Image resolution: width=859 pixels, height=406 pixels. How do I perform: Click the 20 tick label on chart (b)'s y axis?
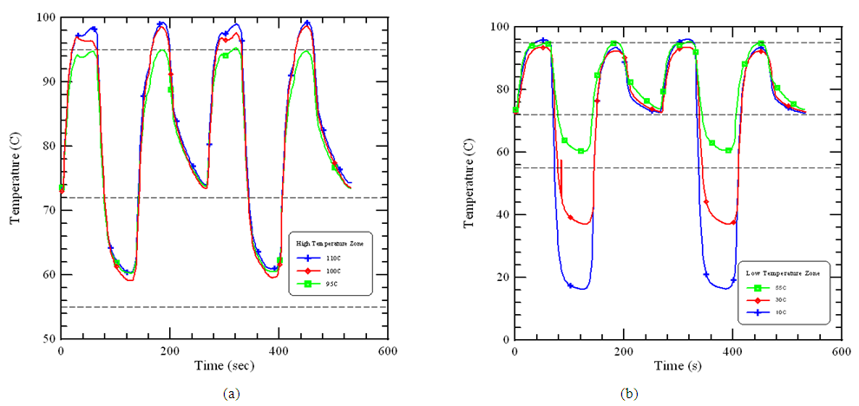501,278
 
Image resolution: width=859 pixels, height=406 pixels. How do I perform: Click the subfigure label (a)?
229,394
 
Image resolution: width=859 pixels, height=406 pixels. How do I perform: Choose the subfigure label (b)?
629,394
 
